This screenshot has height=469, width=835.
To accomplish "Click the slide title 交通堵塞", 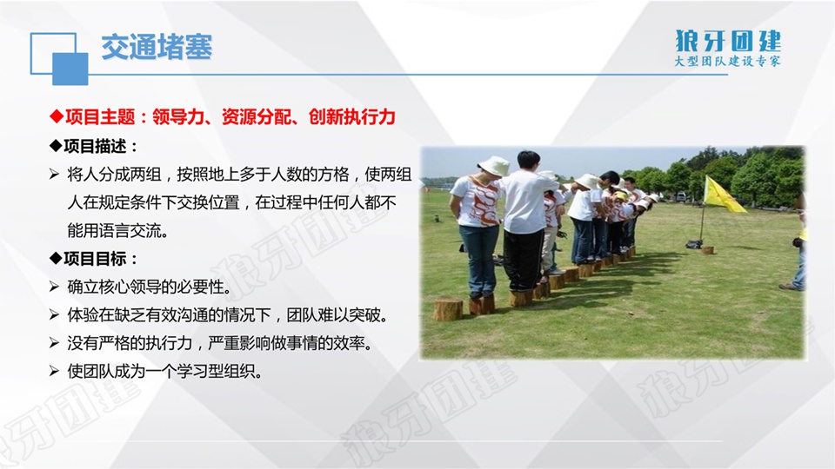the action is click(157, 47).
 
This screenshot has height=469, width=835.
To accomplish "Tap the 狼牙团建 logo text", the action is click(728, 41).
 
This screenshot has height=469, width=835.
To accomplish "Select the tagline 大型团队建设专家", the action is click(727, 61).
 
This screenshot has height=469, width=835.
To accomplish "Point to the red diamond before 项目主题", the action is click(57, 116).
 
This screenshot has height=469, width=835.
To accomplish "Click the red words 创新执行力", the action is click(352, 117).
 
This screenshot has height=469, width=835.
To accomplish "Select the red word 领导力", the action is click(178, 117).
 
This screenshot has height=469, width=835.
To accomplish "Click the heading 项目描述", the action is click(94, 146).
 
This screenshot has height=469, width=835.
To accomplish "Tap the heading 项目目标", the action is click(94, 259).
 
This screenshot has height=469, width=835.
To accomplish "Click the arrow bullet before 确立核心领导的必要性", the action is click(54, 287).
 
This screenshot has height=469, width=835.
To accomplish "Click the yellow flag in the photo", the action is click(724, 195).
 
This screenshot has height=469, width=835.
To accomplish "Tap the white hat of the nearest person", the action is click(494, 166).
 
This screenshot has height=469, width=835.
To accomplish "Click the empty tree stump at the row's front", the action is click(448, 309).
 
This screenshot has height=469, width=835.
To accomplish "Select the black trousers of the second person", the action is click(523, 261).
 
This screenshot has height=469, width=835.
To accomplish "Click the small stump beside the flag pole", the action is click(707, 249).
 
